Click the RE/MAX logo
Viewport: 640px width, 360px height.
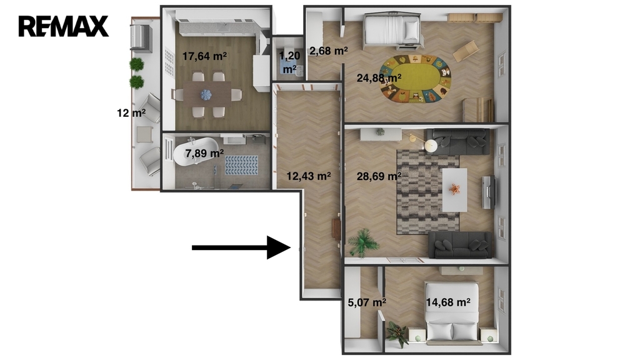[63, 26]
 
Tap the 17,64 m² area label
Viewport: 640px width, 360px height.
[204, 56]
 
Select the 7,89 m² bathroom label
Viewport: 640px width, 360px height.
[204, 154]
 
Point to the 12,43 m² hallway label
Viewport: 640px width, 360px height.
[308, 176]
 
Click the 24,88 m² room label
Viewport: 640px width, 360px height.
[379, 77]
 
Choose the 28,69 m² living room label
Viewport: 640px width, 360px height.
[379, 176]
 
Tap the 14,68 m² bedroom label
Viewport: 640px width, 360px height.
[447, 302]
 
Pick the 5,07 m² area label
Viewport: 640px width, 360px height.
[367, 302]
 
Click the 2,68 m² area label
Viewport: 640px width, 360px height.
[329, 51]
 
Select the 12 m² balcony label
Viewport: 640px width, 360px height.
[131, 112]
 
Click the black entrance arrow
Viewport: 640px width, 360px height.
[241, 247]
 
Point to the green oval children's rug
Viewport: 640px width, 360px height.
[416, 79]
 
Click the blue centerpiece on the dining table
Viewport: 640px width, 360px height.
[206, 95]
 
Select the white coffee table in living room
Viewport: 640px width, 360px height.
[455, 190]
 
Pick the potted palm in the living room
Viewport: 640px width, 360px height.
[362, 242]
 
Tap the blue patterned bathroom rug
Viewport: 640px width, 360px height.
[242, 165]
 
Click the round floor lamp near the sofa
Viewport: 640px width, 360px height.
[431, 145]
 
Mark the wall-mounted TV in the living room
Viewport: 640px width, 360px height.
[489, 192]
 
